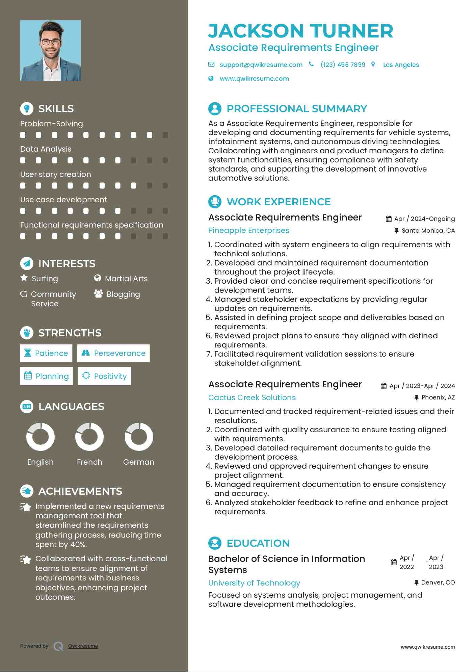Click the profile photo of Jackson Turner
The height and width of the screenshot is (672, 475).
tap(51, 51)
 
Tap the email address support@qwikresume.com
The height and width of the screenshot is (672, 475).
tap(261, 65)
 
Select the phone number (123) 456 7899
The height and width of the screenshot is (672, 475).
tap(343, 65)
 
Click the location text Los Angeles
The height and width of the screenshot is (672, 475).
tap(401, 65)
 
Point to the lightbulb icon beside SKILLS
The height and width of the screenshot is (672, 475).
tap(27, 108)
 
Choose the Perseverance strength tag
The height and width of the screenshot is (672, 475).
tap(113, 353)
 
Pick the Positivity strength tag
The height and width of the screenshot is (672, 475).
tap(104, 376)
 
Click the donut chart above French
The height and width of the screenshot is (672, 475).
tap(89, 437)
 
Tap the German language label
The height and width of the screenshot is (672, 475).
tap(138, 462)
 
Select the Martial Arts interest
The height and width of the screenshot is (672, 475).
tap(126, 279)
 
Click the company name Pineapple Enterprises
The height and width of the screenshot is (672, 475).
tap(249, 230)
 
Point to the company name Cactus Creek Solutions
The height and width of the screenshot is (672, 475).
tap(252, 397)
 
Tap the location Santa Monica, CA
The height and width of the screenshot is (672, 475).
tap(428, 231)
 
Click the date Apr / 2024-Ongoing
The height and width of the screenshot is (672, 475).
tap(424, 219)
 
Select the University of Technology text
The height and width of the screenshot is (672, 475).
tap(254, 583)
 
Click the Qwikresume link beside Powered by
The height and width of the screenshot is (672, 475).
tap(83, 646)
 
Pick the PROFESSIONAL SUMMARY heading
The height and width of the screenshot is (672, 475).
tap(296, 109)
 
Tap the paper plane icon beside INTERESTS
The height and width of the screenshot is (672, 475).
tap(27, 263)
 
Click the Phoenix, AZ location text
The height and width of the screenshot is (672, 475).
tap(438, 397)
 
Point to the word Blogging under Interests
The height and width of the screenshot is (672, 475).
tap(123, 294)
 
